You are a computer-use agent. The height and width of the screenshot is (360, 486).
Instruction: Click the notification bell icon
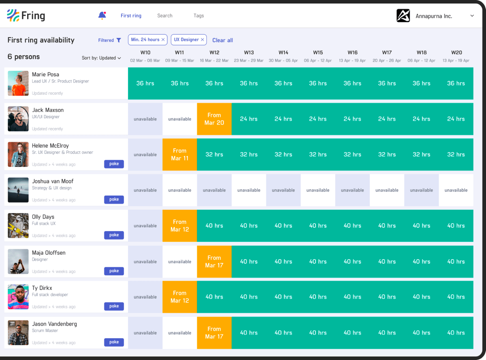[x=102, y=15]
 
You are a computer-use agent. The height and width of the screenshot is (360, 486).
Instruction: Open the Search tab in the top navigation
[x=165, y=16]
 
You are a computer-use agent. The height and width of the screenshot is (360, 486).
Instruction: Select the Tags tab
[x=199, y=16]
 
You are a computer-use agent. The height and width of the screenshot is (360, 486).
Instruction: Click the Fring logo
[x=26, y=16]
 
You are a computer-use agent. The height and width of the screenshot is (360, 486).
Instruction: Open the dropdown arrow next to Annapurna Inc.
[x=472, y=16]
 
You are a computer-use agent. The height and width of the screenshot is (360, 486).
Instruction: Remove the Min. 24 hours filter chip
[x=163, y=40]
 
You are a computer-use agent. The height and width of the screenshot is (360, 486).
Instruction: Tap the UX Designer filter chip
[x=186, y=40]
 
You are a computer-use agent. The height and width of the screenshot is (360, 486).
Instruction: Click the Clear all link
[x=222, y=40]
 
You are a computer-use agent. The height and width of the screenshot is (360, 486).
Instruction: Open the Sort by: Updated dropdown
[x=101, y=58]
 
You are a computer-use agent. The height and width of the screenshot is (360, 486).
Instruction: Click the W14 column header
[x=283, y=53]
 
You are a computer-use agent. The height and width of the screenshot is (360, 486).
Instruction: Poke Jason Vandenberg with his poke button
[x=114, y=342]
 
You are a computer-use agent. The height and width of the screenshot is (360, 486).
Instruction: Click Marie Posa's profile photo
[x=18, y=83]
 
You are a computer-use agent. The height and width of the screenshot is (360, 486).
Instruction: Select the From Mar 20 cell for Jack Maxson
[x=214, y=119]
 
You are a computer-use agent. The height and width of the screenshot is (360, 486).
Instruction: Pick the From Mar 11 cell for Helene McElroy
[x=179, y=155]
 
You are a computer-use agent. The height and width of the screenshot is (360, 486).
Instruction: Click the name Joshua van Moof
[x=53, y=181]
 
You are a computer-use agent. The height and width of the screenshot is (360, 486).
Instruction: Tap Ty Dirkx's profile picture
[x=18, y=297]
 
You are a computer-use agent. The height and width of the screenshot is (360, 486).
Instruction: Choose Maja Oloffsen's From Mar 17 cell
[x=214, y=262]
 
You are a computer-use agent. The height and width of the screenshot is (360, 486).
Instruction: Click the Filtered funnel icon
[x=119, y=40]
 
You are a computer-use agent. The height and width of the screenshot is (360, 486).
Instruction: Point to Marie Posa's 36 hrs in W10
[x=145, y=83]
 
